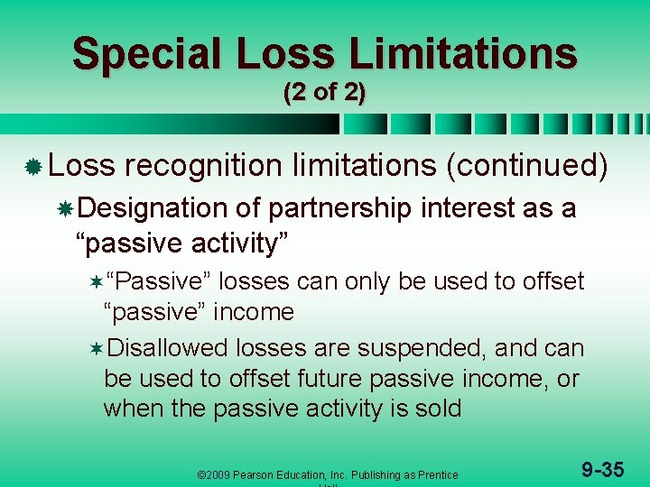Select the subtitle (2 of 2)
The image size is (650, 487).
(324, 93)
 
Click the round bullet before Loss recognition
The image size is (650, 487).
(32, 168)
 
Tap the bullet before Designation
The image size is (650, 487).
(65, 210)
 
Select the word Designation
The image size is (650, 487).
(153, 209)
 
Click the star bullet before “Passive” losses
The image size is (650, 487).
(96, 283)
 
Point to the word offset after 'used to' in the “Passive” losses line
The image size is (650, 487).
(552, 282)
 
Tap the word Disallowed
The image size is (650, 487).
(168, 348)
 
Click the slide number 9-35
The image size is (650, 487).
(602, 469)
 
